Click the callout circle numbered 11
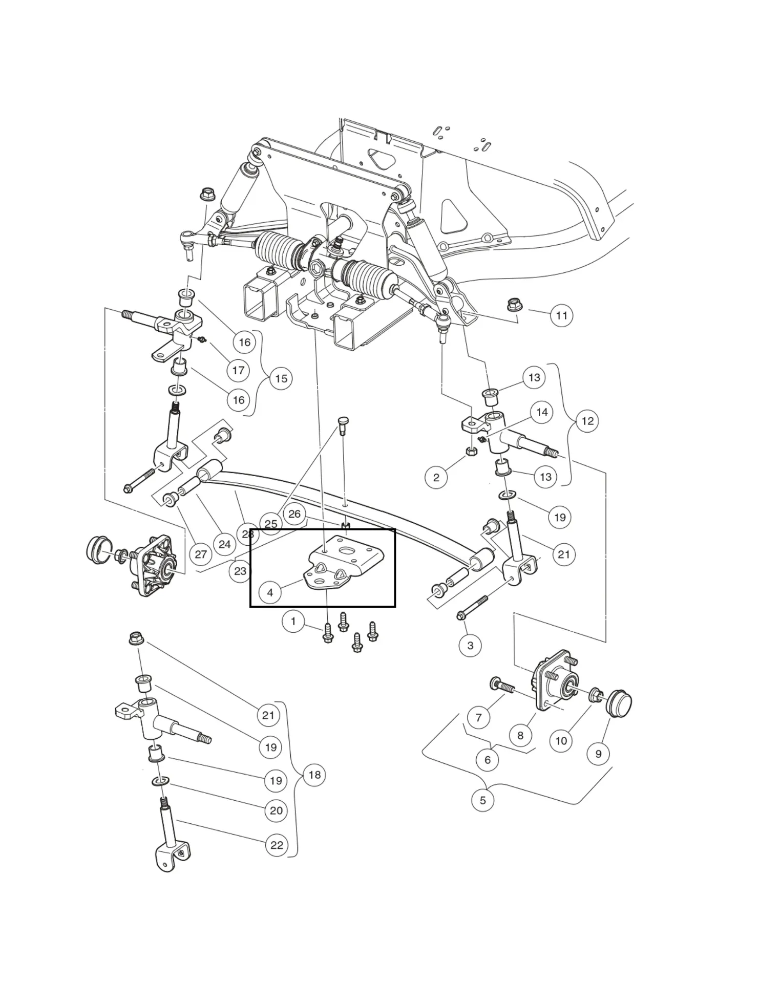pyautogui.click(x=562, y=315)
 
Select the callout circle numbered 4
pyautogui.click(x=270, y=592)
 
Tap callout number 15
pyautogui.click(x=281, y=378)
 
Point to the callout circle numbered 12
pyautogui.click(x=587, y=421)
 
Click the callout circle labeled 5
pyautogui.click(x=482, y=800)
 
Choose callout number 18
pyautogui.click(x=314, y=775)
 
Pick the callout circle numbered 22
pyautogui.click(x=277, y=845)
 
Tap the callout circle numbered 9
pyautogui.click(x=598, y=754)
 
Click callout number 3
pyautogui.click(x=470, y=645)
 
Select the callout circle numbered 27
pyautogui.click(x=201, y=554)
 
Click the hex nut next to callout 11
pyautogui.click(x=514, y=305)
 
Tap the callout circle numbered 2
pyautogui.click(x=436, y=477)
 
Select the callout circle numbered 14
pyautogui.click(x=542, y=412)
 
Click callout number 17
pyautogui.click(x=238, y=370)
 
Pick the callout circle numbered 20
pyautogui.click(x=276, y=810)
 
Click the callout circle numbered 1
pyautogui.click(x=293, y=622)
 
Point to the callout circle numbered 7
pyautogui.click(x=478, y=717)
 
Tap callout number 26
pyautogui.click(x=294, y=514)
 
